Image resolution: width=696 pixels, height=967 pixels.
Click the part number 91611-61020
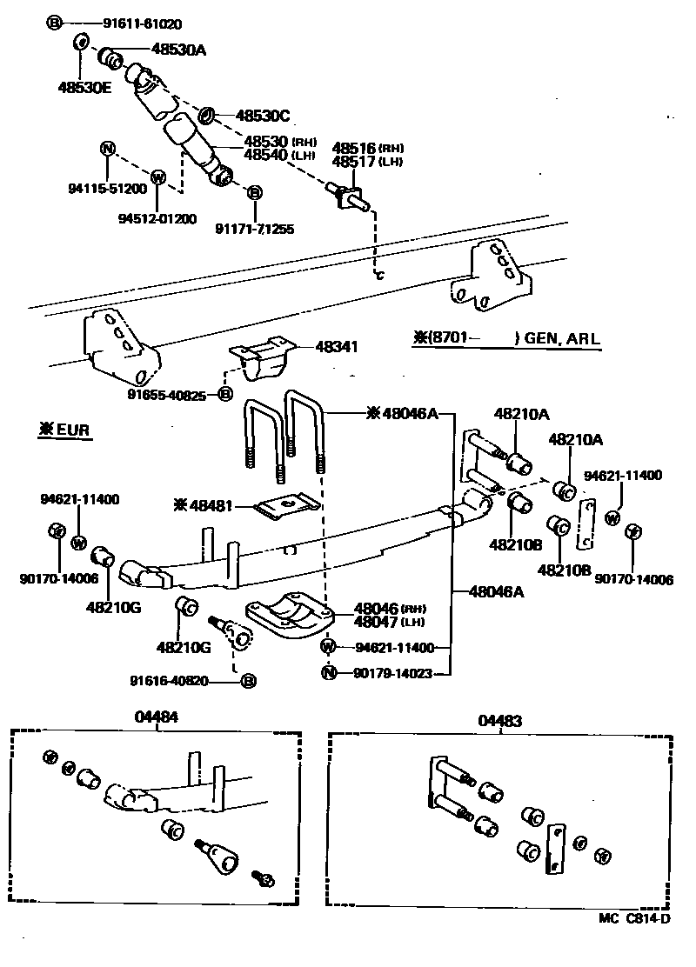[x=112, y=23]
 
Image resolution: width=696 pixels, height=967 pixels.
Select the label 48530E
[x=85, y=87]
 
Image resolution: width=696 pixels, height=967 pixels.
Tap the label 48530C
[x=263, y=116]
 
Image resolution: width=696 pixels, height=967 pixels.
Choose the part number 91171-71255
[x=254, y=229]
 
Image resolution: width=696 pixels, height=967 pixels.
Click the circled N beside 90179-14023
[x=328, y=672]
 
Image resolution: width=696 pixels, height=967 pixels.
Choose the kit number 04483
[x=499, y=721]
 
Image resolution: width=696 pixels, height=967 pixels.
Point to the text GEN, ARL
[x=562, y=338]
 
